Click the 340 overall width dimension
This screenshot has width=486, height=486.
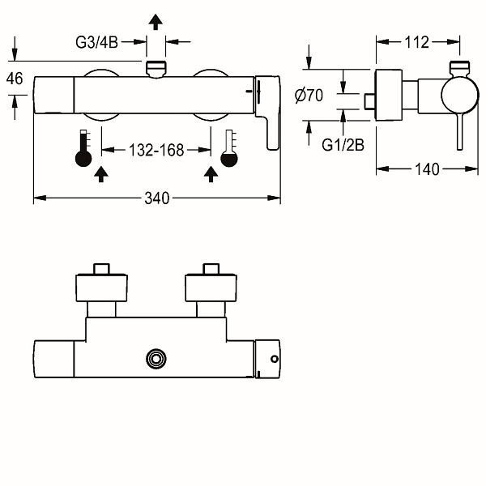click(x=157, y=198)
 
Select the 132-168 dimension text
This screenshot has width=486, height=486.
click(x=156, y=151)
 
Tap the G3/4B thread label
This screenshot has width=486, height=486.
click(x=96, y=42)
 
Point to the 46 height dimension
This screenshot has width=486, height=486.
click(x=15, y=79)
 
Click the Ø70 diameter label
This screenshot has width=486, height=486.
click(x=309, y=96)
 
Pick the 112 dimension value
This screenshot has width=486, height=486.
click(x=417, y=42)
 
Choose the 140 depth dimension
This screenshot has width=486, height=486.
click(x=427, y=169)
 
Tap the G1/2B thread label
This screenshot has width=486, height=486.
click(x=343, y=145)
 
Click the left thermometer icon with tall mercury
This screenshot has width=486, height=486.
click(x=83, y=148)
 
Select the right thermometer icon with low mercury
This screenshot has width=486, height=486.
click(x=229, y=148)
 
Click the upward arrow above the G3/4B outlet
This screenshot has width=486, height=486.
click(x=156, y=22)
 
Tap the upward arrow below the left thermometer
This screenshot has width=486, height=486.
click(x=101, y=174)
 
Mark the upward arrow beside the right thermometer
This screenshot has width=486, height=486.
click(x=211, y=174)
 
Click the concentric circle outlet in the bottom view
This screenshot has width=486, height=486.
click(x=156, y=359)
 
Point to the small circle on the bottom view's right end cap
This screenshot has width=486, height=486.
click(x=275, y=359)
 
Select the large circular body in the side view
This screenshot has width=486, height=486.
click(x=460, y=95)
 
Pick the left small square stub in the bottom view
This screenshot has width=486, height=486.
click(x=102, y=269)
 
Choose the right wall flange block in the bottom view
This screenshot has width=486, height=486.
click(x=211, y=288)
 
